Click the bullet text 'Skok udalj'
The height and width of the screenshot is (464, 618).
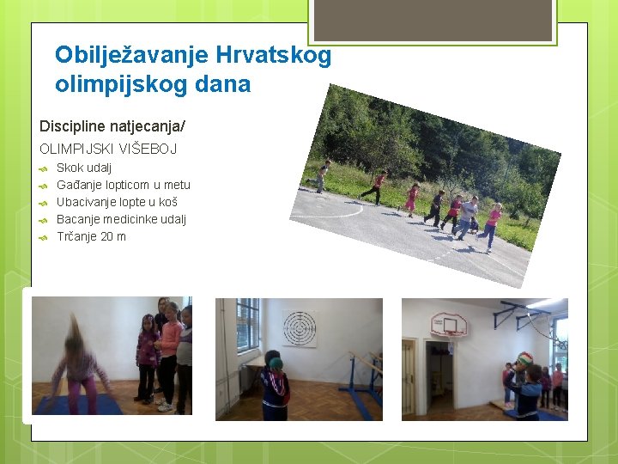point(84,168)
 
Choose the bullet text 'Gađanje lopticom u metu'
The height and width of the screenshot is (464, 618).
point(124,185)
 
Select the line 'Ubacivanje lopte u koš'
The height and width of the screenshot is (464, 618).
point(117,202)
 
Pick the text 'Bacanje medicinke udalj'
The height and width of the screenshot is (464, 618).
point(121,219)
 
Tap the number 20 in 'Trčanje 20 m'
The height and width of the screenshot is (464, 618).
point(108,236)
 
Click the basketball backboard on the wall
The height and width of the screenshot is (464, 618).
point(450,325)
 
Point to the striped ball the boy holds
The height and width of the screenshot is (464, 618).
point(525,360)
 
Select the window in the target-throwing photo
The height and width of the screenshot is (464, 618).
point(247,325)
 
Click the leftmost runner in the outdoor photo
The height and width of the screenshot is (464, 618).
point(322,176)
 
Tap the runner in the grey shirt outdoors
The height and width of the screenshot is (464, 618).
point(468,216)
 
